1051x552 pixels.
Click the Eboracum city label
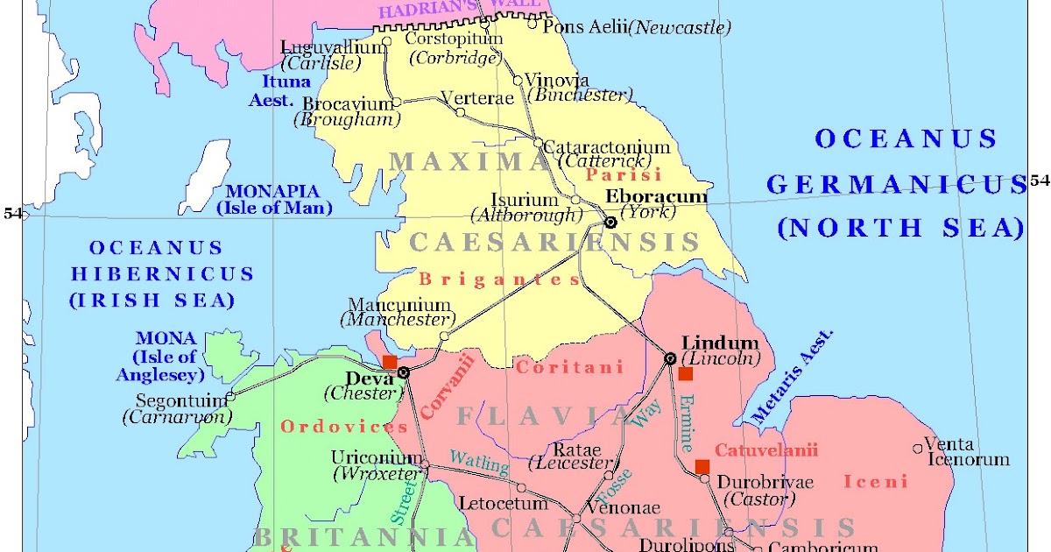(656, 196)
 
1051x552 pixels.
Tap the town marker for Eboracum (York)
(610, 223)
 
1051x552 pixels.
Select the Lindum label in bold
(720, 343)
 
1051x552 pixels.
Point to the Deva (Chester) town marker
(403, 372)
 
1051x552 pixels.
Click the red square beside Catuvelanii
(702, 466)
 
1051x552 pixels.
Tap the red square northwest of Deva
(390, 362)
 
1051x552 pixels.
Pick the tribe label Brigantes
(499, 280)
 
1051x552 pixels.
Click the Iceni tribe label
(875, 481)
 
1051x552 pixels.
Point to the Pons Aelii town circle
(532, 24)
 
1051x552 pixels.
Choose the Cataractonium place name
(607, 147)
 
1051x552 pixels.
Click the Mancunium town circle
(444, 336)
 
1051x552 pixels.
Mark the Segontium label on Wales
(180, 400)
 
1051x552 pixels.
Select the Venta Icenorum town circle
(918, 449)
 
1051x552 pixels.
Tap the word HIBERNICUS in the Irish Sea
(162, 274)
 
